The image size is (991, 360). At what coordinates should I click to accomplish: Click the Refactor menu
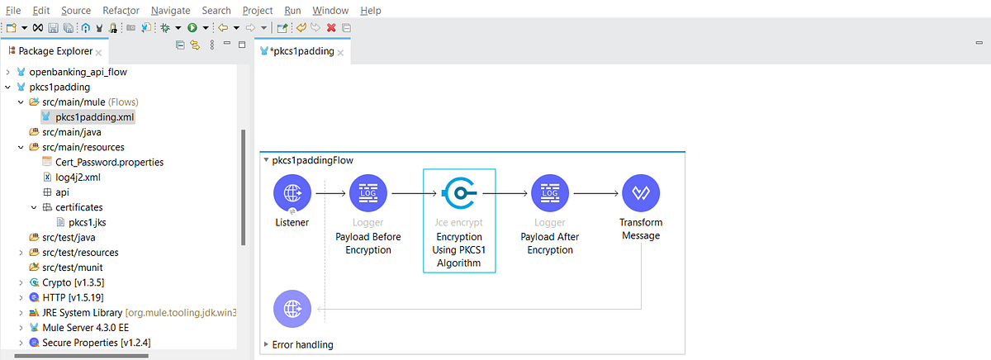point(121,11)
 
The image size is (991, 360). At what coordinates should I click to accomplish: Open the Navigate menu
point(170,11)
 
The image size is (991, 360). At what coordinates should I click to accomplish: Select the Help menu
point(371,11)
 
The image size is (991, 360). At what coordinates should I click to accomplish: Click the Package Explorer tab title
point(55,51)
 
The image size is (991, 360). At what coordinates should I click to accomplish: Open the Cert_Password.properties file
point(109,162)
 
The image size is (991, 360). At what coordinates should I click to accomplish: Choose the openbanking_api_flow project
point(78,72)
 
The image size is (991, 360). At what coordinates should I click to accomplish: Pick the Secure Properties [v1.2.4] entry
point(96,342)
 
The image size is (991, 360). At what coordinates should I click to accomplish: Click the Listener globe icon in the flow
point(292,194)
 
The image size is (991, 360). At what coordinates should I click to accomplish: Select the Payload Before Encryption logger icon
point(368,194)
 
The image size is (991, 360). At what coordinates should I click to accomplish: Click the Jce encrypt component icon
point(459,194)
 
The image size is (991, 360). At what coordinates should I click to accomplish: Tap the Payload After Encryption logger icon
point(549,194)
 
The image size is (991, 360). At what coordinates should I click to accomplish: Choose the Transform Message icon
point(641,194)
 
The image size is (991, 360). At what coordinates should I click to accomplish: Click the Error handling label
point(302,344)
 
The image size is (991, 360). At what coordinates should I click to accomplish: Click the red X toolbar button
point(331,27)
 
